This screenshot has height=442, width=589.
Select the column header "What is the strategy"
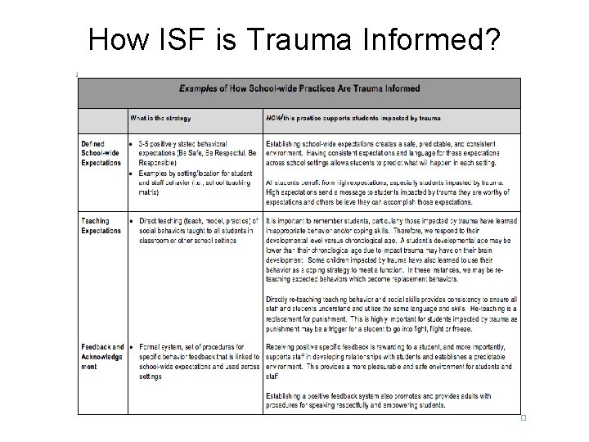pos(161,118)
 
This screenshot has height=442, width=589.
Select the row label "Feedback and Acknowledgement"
pos(102,357)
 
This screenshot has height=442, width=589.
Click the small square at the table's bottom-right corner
pos(522,418)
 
